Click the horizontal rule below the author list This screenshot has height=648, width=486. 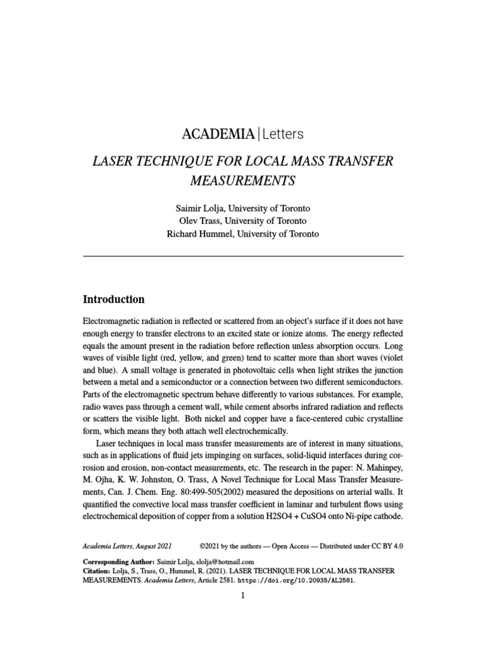coord(243,256)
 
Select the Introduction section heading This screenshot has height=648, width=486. coord(114,299)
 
